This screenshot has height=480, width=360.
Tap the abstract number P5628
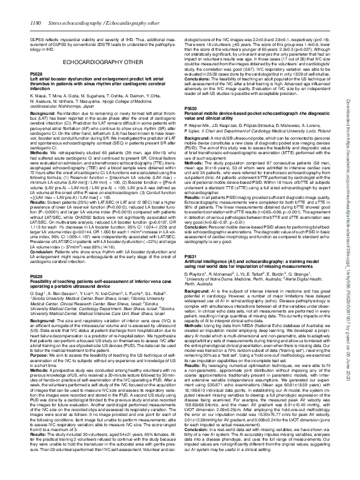coord(39,89)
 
